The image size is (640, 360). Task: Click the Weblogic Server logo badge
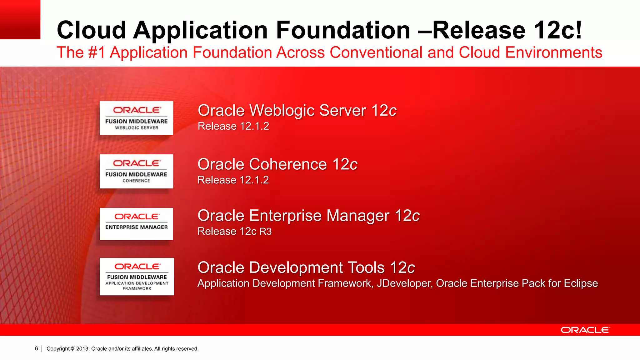(x=136, y=118)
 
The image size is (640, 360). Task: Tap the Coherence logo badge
(x=136, y=171)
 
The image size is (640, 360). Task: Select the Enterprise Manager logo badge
(x=136, y=224)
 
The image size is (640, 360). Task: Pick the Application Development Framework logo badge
(x=137, y=277)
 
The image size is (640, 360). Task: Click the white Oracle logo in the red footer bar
(x=585, y=330)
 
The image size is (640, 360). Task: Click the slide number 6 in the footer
(x=37, y=348)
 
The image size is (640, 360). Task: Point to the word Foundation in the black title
(x=343, y=30)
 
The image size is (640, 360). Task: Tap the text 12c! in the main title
(x=558, y=30)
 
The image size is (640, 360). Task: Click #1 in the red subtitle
(x=97, y=52)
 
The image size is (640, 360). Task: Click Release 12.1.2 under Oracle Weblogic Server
(x=233, y=126)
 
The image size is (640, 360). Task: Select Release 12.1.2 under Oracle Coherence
(x=233, y=180)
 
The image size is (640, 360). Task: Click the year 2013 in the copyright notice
(x=82, y=349)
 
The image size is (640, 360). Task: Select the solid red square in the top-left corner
(x=20, y=19)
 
